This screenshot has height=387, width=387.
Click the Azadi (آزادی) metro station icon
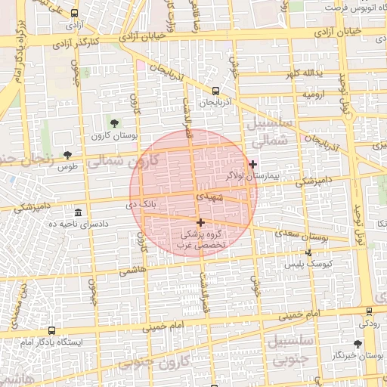(73, 13)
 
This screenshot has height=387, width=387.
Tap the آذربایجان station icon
(216, 90)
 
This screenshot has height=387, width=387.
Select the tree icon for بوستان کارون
(114, 122)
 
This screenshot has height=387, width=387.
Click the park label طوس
(67, 166)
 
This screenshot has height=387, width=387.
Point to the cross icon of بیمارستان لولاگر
(252, 164)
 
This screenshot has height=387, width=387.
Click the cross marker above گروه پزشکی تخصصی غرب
(200, 222)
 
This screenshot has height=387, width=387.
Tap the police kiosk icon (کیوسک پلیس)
(308, 253)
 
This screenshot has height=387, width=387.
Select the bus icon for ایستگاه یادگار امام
(51, 330)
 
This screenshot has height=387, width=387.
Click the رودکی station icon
(369, 311)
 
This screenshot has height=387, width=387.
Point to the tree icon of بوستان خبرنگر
(358, 343)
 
